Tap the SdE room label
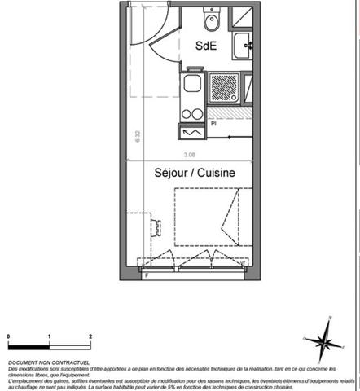[205, 46]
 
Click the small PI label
[213, 124]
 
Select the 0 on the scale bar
[8, 336]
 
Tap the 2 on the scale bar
[90, 336]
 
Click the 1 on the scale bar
[50, 336]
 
